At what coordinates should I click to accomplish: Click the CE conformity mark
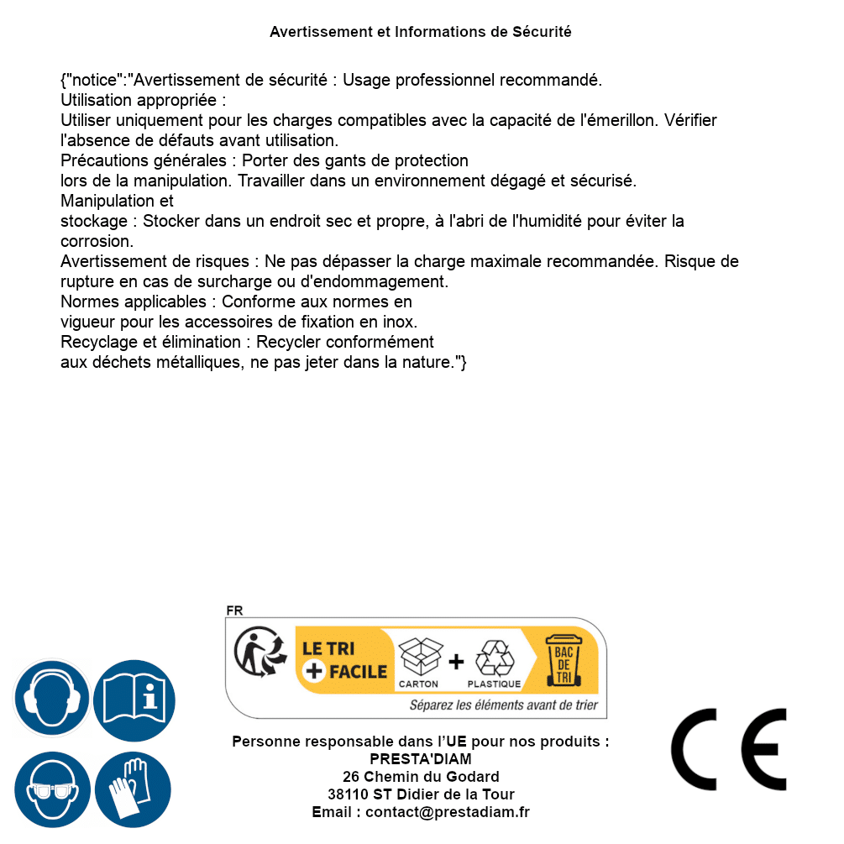click(729, 750)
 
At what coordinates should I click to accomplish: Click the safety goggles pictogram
click(52, 789)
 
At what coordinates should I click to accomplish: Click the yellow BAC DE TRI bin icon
click(563, 659)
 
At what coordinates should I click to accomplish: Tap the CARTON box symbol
click(419, 658)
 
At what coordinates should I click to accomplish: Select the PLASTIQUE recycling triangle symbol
click(494, 658)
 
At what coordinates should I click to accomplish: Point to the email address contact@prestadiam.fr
click(448, 812)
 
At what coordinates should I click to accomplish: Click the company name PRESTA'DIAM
click(421, 759)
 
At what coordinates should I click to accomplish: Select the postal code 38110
click(348, 794)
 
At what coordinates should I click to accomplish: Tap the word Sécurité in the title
click(542, 32)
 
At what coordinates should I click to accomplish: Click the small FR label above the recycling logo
click(234, 611)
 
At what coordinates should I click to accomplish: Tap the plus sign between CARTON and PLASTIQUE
click(456, 661)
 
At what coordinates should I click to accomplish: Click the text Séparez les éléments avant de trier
click(503, 705)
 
